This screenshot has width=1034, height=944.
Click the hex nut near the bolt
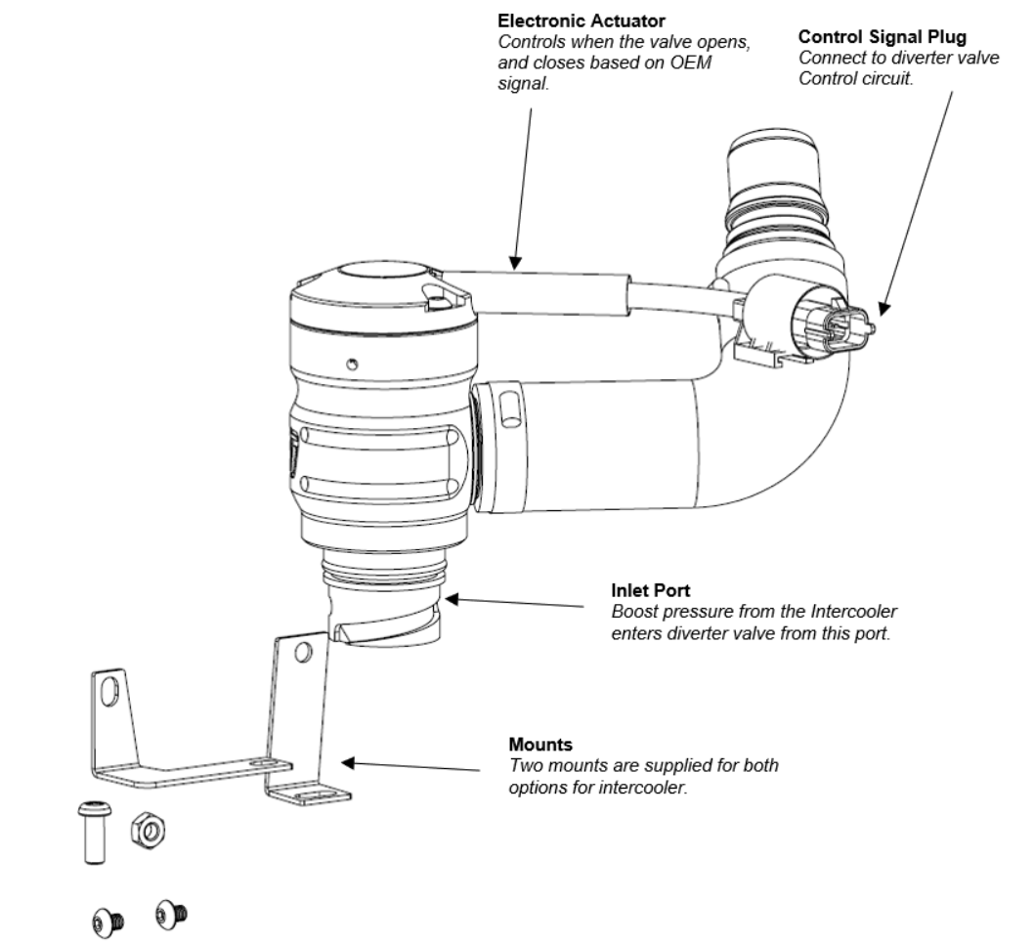pos(148,830)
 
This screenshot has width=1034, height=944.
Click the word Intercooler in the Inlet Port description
pos(860,612)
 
